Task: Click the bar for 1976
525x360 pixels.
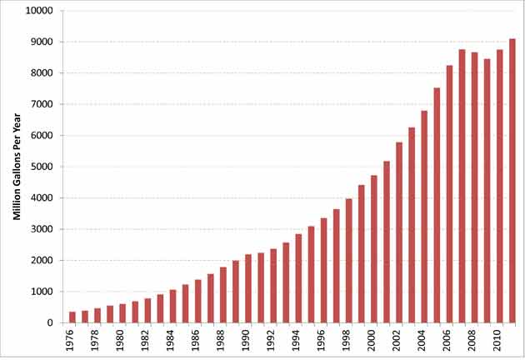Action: pyautogui.click(x=72, y=317)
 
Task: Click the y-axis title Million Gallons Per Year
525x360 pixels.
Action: pyautogui.click(x=16, y=167)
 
